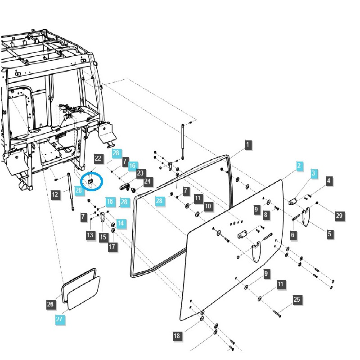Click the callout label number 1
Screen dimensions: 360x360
coord(247,145)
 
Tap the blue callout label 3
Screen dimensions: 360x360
coord(314,173)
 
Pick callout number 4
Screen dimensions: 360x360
coord(329,181)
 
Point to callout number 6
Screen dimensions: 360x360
coord(293,234)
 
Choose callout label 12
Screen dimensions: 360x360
coord(55,195)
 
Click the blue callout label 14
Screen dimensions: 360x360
coord(120,223)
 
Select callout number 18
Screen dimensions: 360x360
coord(177,336)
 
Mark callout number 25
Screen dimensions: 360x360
coord(297,300)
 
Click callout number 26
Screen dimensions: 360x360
coord(51,305)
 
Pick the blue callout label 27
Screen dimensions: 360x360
coord(59,319)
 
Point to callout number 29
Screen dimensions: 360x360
coord(339,216)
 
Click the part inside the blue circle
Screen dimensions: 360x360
coord(90,181)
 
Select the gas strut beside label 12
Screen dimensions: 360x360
coord(71,192)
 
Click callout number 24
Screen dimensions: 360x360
coord(147,182)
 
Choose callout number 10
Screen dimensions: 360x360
coord(207,206)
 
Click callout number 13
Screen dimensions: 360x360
coord(90,234)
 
